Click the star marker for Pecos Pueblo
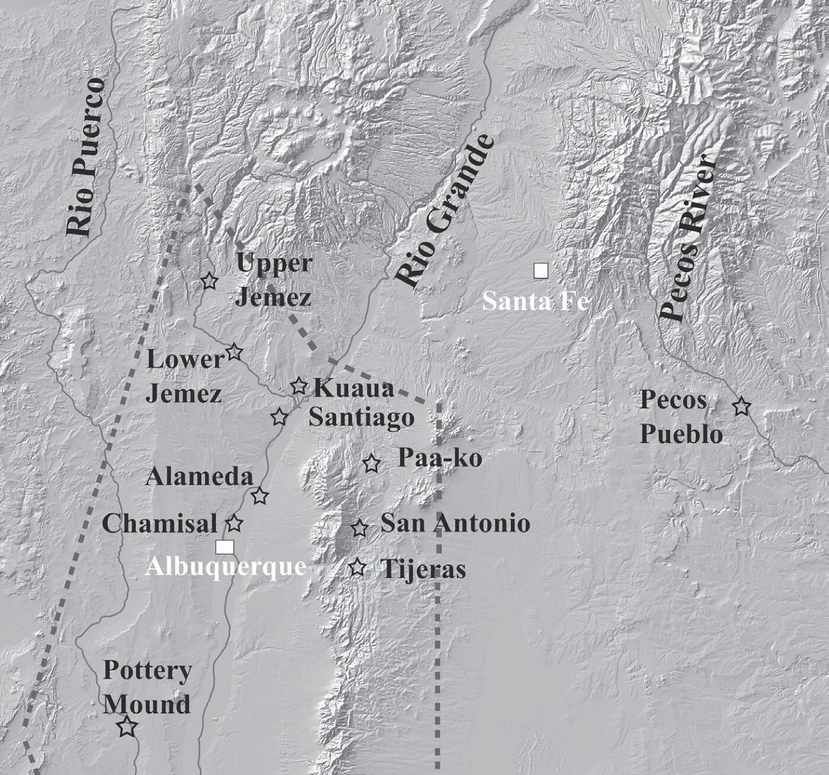coord(741,407)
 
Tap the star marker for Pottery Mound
coord(126,726)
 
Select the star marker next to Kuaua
coord(299,386)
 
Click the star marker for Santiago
coord(279,417)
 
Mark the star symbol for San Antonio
coord(359,528)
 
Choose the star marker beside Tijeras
coord(357,568)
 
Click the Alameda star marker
coord(259,496)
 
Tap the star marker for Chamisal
coord(234,524)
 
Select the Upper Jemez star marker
coord(208,282)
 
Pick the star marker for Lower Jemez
coord(234,352)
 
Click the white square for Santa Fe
coord(541,271)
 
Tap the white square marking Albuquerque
coord(224,547)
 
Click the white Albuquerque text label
coord(226,567)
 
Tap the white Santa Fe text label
coord(535,302)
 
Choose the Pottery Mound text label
coord(147,687)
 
